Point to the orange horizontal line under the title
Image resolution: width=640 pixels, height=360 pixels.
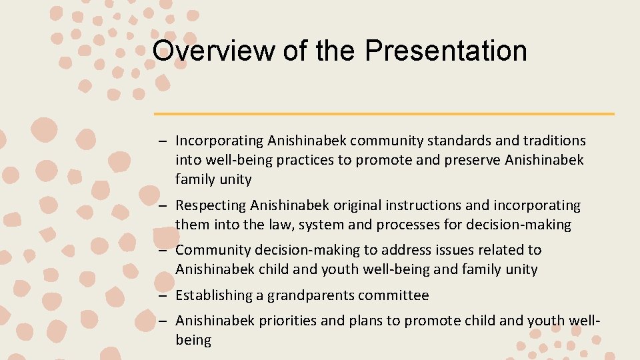click(384, 114)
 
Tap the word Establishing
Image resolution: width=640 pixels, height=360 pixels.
click(213, 295)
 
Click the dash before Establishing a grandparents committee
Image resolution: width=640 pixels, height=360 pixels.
click(162, 295)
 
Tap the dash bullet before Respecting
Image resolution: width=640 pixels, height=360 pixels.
click(162, 206)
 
